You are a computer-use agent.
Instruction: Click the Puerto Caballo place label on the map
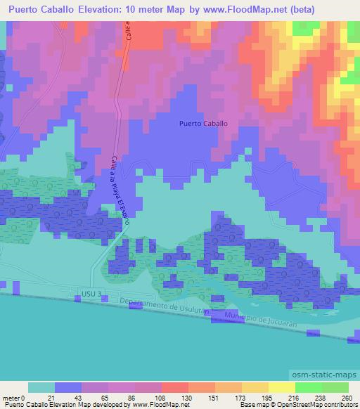point(203,123)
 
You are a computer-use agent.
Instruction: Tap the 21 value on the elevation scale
point(55,398)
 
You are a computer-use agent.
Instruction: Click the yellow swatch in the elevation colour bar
point(281,387)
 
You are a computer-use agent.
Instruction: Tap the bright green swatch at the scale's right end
point(335,387)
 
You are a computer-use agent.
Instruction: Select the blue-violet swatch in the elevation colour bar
point(68,387)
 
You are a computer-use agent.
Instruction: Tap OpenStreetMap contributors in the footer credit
point(322,405)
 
